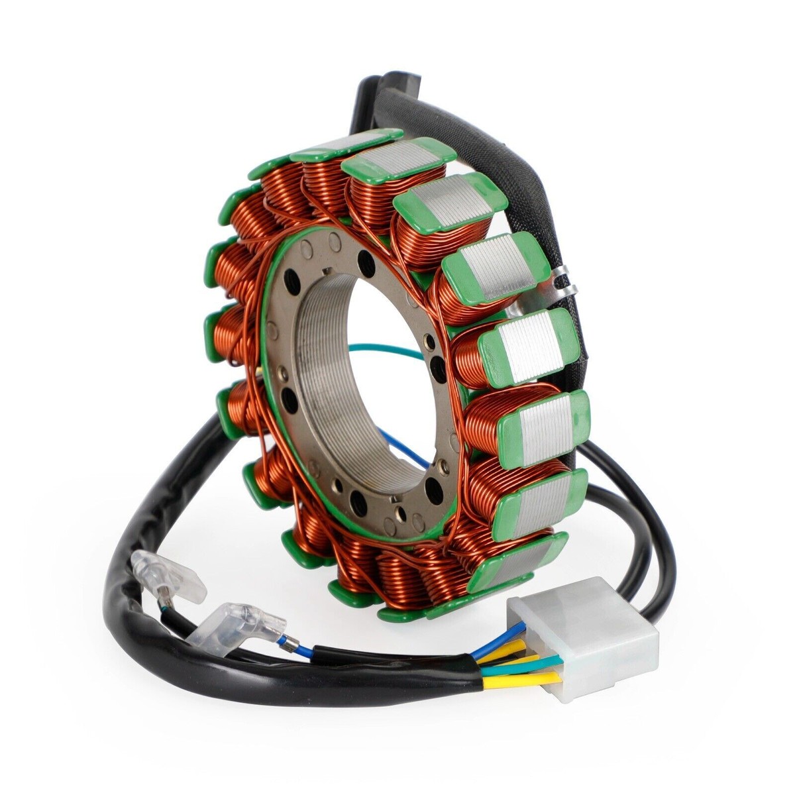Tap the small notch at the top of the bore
[x=329, y=270]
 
